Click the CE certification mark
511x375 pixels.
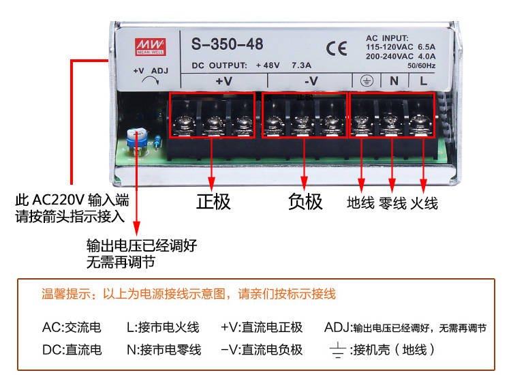click(x=336, y=48)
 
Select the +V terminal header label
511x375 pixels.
click(x=223, y=80)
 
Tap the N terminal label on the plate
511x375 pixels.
click(x=393, y=80)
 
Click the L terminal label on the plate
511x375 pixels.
click(x=423, y=80)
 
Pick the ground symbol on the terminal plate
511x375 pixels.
click(x=365, y=80)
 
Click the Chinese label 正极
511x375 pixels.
click(x=213, y=202)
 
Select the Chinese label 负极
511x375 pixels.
click(x=305, y=202)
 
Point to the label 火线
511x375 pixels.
click(x=424, y=203)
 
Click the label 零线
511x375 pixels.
click(x=392, y=203)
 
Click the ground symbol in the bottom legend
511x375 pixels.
click(x=336, y=350)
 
